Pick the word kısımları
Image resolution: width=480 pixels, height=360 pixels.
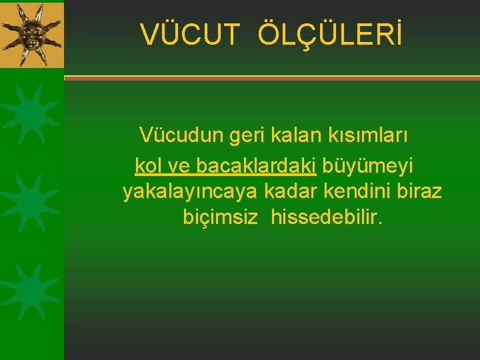pos(367,135)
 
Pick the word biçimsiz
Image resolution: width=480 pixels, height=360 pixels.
pos(220,218)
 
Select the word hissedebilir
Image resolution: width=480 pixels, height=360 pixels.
pos(327,218)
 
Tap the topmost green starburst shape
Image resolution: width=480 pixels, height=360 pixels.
pos(28,114)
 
